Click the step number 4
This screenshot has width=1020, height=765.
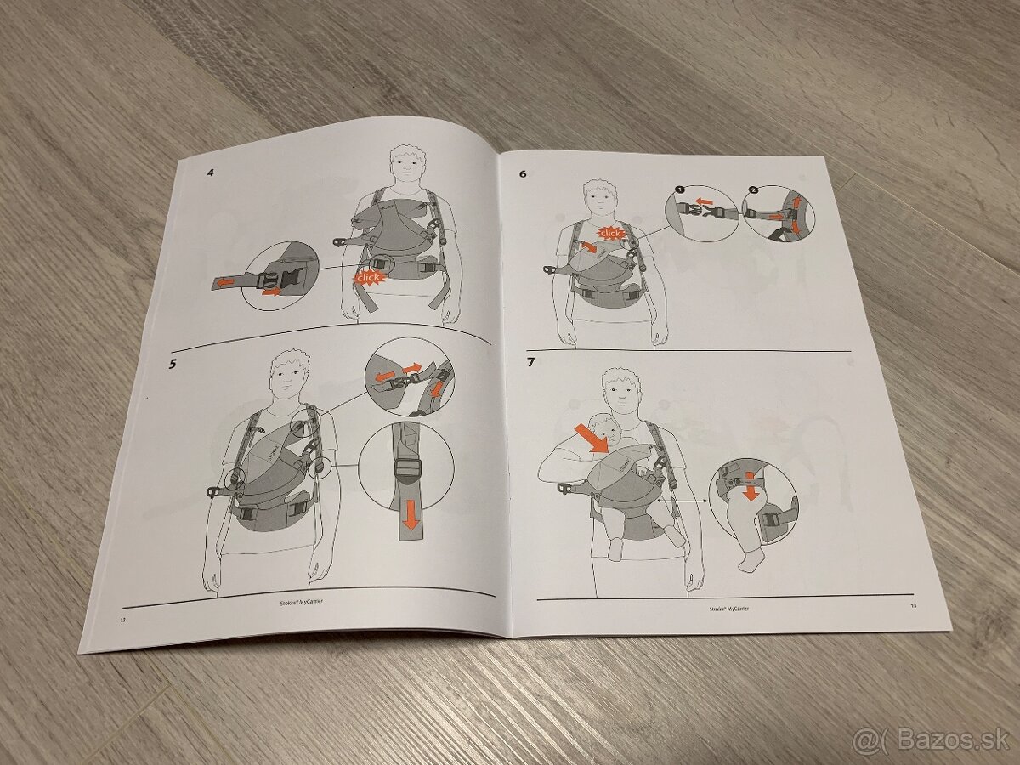(210, 173)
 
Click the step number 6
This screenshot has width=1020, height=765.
(523, 174)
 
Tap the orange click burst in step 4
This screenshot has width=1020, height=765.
(369, 278)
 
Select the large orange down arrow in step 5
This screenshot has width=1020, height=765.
(411, 515)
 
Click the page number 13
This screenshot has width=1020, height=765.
(913, 606)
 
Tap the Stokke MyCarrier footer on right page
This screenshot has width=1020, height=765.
(728, 609)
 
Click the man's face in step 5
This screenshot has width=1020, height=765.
(290, 372)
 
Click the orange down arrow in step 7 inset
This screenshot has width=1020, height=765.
(750, 490)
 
